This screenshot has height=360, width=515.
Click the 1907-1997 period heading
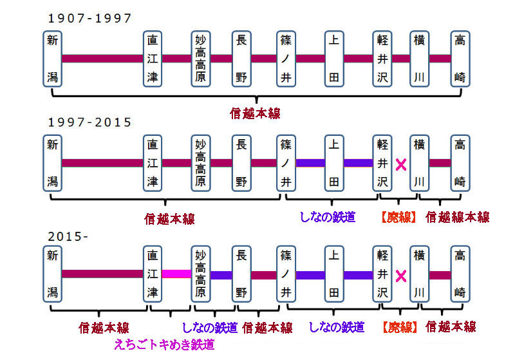[x=89, y=18]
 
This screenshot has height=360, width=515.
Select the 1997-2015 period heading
[x=89, y=122]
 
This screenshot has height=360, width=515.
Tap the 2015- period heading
[x=68, y=236]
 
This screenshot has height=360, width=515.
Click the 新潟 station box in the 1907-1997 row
[x=53, y=59]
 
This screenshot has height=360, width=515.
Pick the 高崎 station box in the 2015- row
[x=460, y=274]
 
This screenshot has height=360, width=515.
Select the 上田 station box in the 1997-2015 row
[x=334, y=163]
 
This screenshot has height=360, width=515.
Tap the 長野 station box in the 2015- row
[x=241, y=274]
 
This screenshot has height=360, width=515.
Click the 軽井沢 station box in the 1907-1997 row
[x=382, y=59]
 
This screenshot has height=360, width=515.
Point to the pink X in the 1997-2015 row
[x=401, y=165]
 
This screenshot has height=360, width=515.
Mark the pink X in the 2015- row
[x=401, y=276]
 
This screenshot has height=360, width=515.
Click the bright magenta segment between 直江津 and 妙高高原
[x=176, y=274]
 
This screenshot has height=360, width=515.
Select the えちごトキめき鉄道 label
[x=164, y=345]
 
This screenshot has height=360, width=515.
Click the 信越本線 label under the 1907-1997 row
[x=255, y=113]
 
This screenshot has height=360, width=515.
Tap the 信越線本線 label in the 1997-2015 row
[x=458, y=217]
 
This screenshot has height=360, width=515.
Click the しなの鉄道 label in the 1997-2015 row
[x=328, y=217]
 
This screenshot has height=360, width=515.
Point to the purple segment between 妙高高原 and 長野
[x=221, y=275]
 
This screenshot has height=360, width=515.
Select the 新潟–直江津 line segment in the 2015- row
[x=102, y=274]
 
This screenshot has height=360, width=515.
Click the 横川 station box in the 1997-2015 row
[x=420, y=163]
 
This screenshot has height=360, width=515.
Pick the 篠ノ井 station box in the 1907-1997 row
[x=286, y=59]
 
